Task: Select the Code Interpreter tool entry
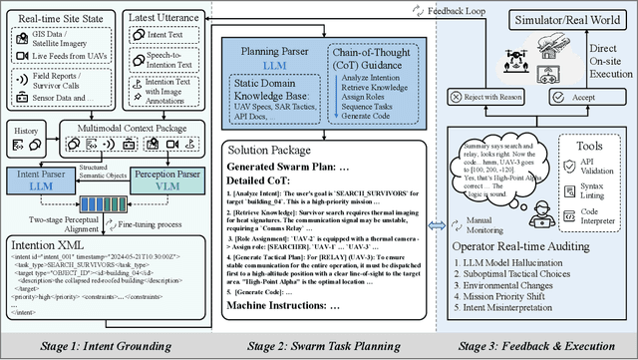point(594,234)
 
